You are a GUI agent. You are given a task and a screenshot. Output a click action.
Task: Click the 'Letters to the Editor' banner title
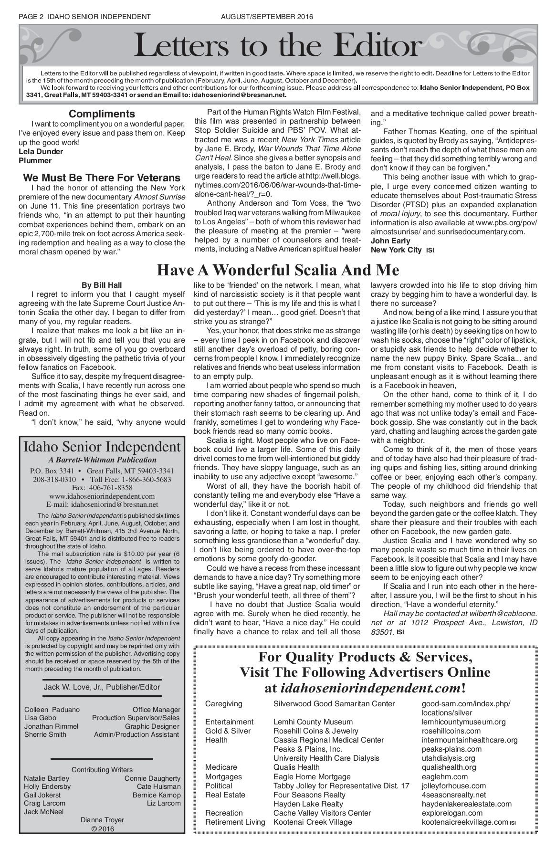[x=278, y=47]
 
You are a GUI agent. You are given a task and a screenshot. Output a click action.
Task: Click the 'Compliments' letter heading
[x=102, y=114]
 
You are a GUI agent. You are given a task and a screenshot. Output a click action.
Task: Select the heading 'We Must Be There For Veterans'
[x=102, y=178]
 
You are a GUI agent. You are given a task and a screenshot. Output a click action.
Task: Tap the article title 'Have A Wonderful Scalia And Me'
[x=278, y=271]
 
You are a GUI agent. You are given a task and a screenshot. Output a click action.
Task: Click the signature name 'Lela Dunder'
[x=41, y=152]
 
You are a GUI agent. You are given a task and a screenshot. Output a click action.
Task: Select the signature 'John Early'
[x=390, y=241]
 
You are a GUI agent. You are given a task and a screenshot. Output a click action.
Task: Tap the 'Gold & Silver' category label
[x=228, y=731]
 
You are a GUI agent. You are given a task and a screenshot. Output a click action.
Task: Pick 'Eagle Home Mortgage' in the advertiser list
[x=312, y=776]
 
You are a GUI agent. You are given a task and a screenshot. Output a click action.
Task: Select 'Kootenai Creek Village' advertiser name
[x=313, y=822]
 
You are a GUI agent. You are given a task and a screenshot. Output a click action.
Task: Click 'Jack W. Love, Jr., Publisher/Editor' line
[x=102, y=687]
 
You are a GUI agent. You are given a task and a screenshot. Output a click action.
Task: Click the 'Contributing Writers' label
[x=102, y=770]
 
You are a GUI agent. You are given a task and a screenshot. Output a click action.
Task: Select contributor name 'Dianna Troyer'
[x=102, y=820]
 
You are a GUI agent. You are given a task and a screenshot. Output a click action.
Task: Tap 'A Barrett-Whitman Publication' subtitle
[x=102, y=460]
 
